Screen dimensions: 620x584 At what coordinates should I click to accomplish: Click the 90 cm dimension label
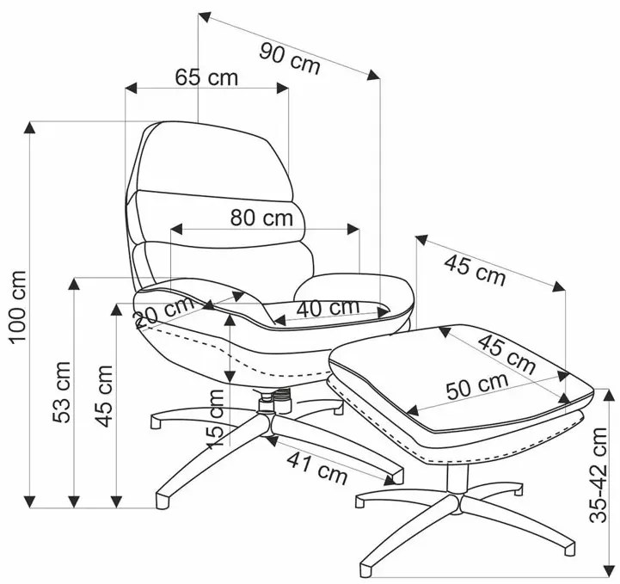click(290, 58)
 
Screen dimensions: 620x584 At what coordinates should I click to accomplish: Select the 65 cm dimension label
click(206, 77)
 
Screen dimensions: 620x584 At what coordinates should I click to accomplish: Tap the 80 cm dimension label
click(261, 218)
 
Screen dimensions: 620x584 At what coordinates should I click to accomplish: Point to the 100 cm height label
click(18, 307)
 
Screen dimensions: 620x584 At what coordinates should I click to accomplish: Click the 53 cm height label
click(62, 392)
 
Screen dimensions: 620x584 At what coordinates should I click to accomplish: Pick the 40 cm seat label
click(328, 308)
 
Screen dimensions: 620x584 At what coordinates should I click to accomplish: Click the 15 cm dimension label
click(216, 418)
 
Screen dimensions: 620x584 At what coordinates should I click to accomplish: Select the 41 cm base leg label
click(317, 468)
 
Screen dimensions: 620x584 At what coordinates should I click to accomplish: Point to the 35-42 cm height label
click(598, 475)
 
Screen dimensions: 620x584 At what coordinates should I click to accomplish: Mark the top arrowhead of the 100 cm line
click(29, 127)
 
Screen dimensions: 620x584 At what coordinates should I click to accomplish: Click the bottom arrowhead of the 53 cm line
click(74, 501)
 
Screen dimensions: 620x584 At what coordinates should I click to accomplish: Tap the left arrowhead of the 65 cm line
click(131, 89)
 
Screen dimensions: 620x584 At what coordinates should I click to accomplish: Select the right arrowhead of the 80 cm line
click(353, 229)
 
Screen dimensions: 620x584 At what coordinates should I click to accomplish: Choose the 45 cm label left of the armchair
click(105, 396)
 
